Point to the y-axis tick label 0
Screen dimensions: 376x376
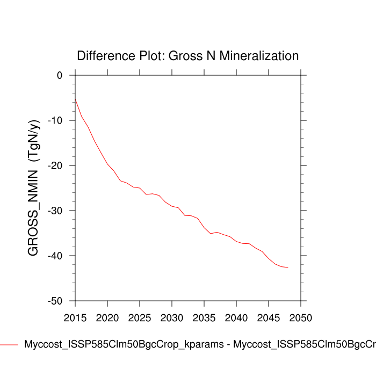point(60,75)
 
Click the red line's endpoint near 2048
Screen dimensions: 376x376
point(288,267)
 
